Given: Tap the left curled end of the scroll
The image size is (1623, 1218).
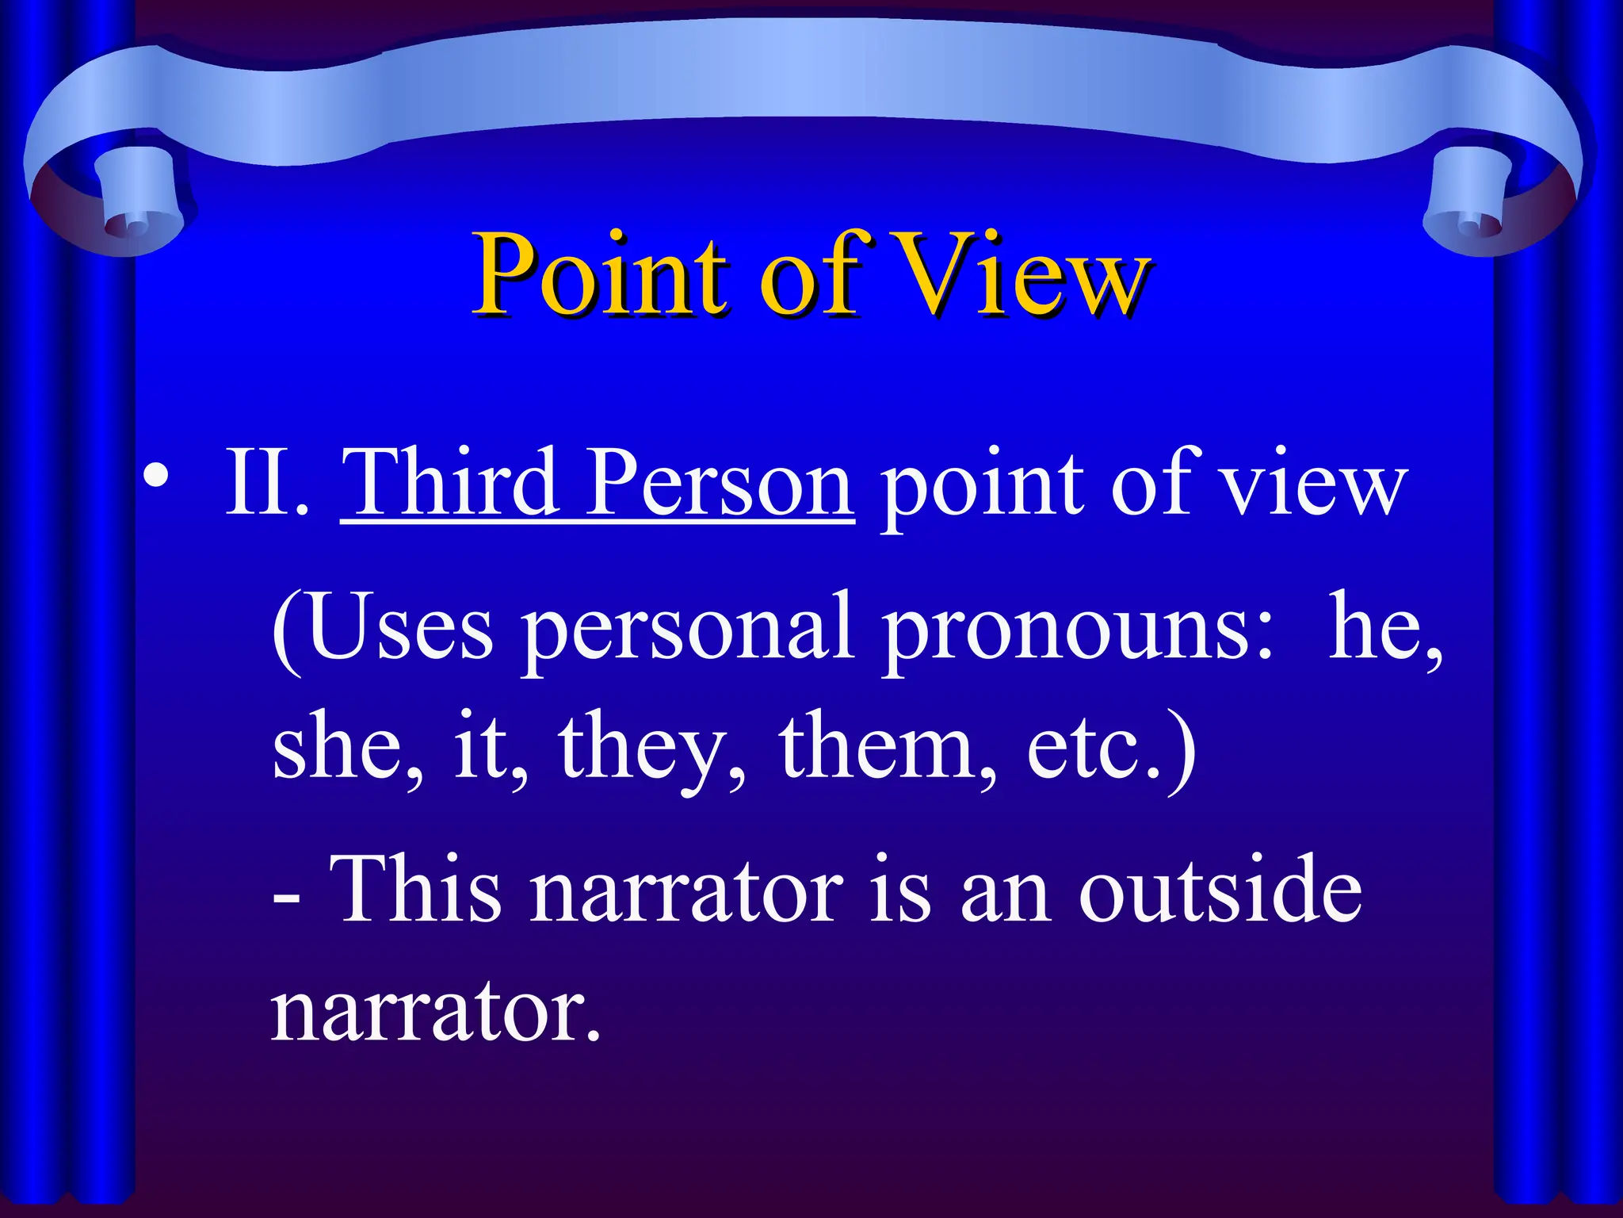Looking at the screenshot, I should [127, 206].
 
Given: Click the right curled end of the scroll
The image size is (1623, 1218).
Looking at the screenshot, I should [1474, 206].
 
